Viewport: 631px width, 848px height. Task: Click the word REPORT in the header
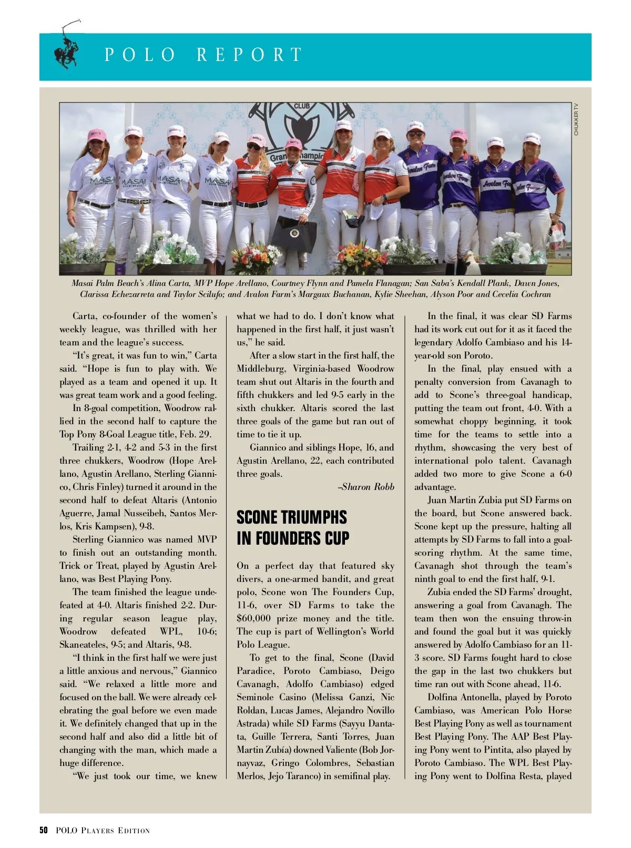click(x=250, y=55)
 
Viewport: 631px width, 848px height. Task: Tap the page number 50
click(x=44, y=831)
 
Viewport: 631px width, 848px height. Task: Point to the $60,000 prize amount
click(x=254, y=618)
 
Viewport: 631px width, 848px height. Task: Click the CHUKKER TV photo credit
click(x=576, y=119)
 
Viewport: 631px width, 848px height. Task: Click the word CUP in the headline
click(x=335, y=538)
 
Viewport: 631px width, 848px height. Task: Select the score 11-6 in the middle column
click(x=247, y=605)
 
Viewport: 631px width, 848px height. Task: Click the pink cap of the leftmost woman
click(x=97, y=135)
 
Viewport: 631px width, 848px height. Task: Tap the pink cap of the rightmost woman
click(x=532, y=138)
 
